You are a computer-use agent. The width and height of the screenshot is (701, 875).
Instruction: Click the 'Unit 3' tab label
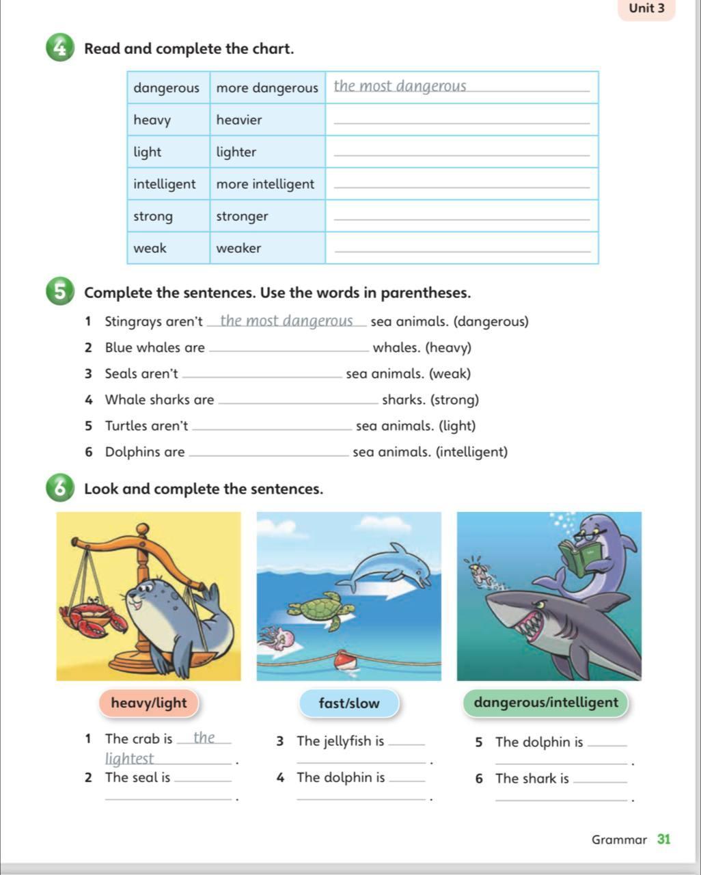tap(646, 9)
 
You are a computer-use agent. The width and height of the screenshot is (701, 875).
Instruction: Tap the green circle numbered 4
tap(60, 49)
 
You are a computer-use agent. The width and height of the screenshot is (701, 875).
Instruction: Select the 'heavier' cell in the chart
tap(239, 120)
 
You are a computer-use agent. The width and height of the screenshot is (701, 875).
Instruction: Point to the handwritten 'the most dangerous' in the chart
tap(400, 86)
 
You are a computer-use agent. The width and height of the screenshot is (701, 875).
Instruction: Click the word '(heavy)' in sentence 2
tap(448, 348)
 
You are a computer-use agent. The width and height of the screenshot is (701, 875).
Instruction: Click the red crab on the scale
tap(92, 618)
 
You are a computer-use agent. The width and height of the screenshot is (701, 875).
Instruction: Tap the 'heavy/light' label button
tap(148, 703)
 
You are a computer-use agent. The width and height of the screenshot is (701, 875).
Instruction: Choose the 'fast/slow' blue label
tap(348, 703)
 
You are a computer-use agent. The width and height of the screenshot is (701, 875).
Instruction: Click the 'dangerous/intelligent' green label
tap(545, 703)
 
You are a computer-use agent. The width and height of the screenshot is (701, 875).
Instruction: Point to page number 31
tap(663, 839)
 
